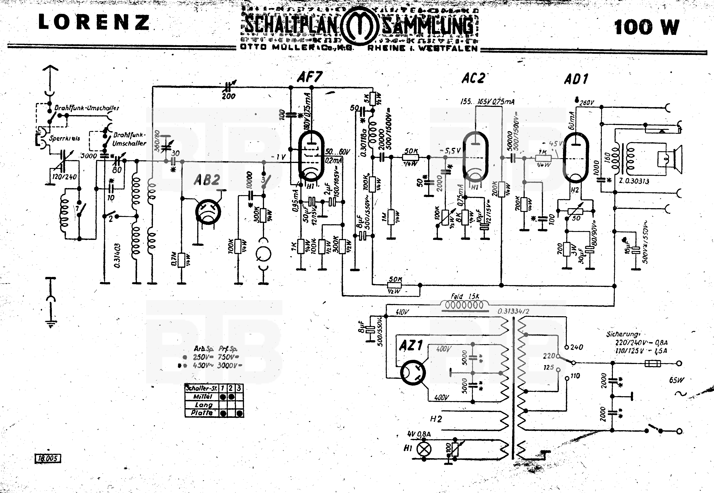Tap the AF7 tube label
(310, 77)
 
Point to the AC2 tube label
(473, 78)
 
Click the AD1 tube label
(576, 79)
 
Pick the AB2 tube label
(207, 180)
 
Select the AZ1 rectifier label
(411, 345)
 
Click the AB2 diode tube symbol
(208, 212)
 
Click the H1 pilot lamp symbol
(424, 449)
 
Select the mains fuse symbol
(653, 364)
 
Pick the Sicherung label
(623, 334)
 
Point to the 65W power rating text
(676, 380)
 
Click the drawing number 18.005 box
(48, 458)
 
